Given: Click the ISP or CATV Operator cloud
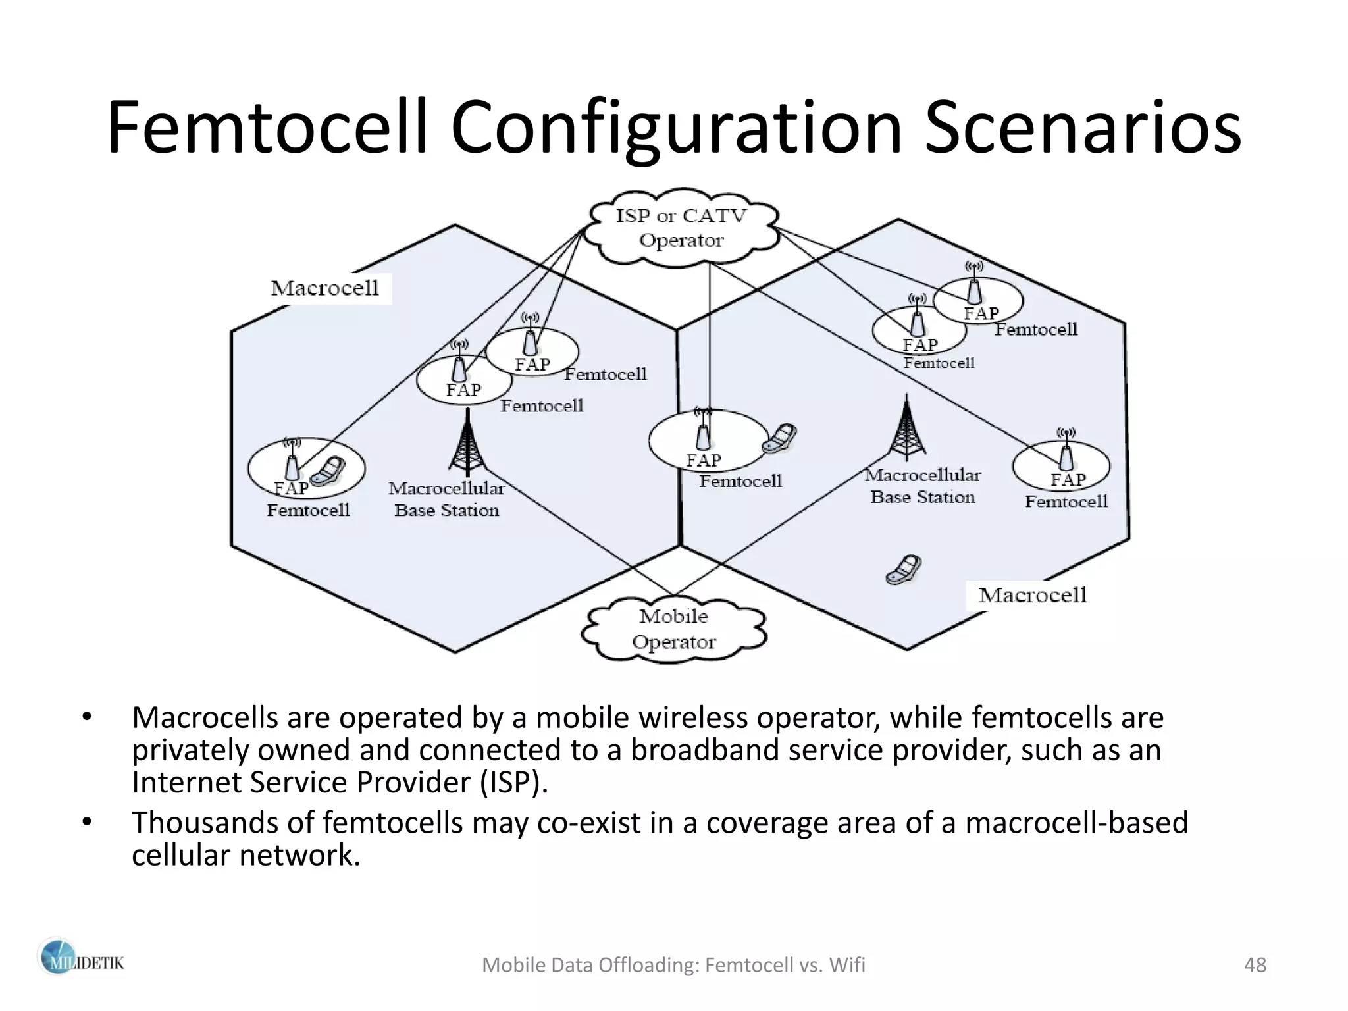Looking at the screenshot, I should pyautogui.click(x=681, y=228).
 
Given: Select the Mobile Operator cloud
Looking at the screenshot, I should pyautogui.click(x=673, y=629).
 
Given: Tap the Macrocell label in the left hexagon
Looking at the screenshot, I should pyautogui.click(x=324, y=288).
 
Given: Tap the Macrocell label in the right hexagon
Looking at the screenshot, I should pyautogui.click(x=1031, y=595).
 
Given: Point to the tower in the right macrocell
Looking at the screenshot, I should pyautogui.click(x=907, y=428).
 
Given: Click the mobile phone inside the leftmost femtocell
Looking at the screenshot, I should pyautogui.click(x=327, y=471).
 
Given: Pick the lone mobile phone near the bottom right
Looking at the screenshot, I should pyautogui.click(x=903, y=570).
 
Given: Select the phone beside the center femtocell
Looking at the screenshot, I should pyautogui.click(x=780, y=438).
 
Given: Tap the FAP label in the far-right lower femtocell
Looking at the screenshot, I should pyautogui.click(x=1068, y=480).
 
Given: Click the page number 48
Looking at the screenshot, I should pyautogui.click(x=1255, y=965).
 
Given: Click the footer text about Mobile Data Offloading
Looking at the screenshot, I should pyautogui.click(x=673, y=965).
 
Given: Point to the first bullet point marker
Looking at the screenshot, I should pyautogui.click(x=86, y=717).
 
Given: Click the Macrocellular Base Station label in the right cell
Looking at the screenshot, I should pyautogui.click(x=922, y=486).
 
